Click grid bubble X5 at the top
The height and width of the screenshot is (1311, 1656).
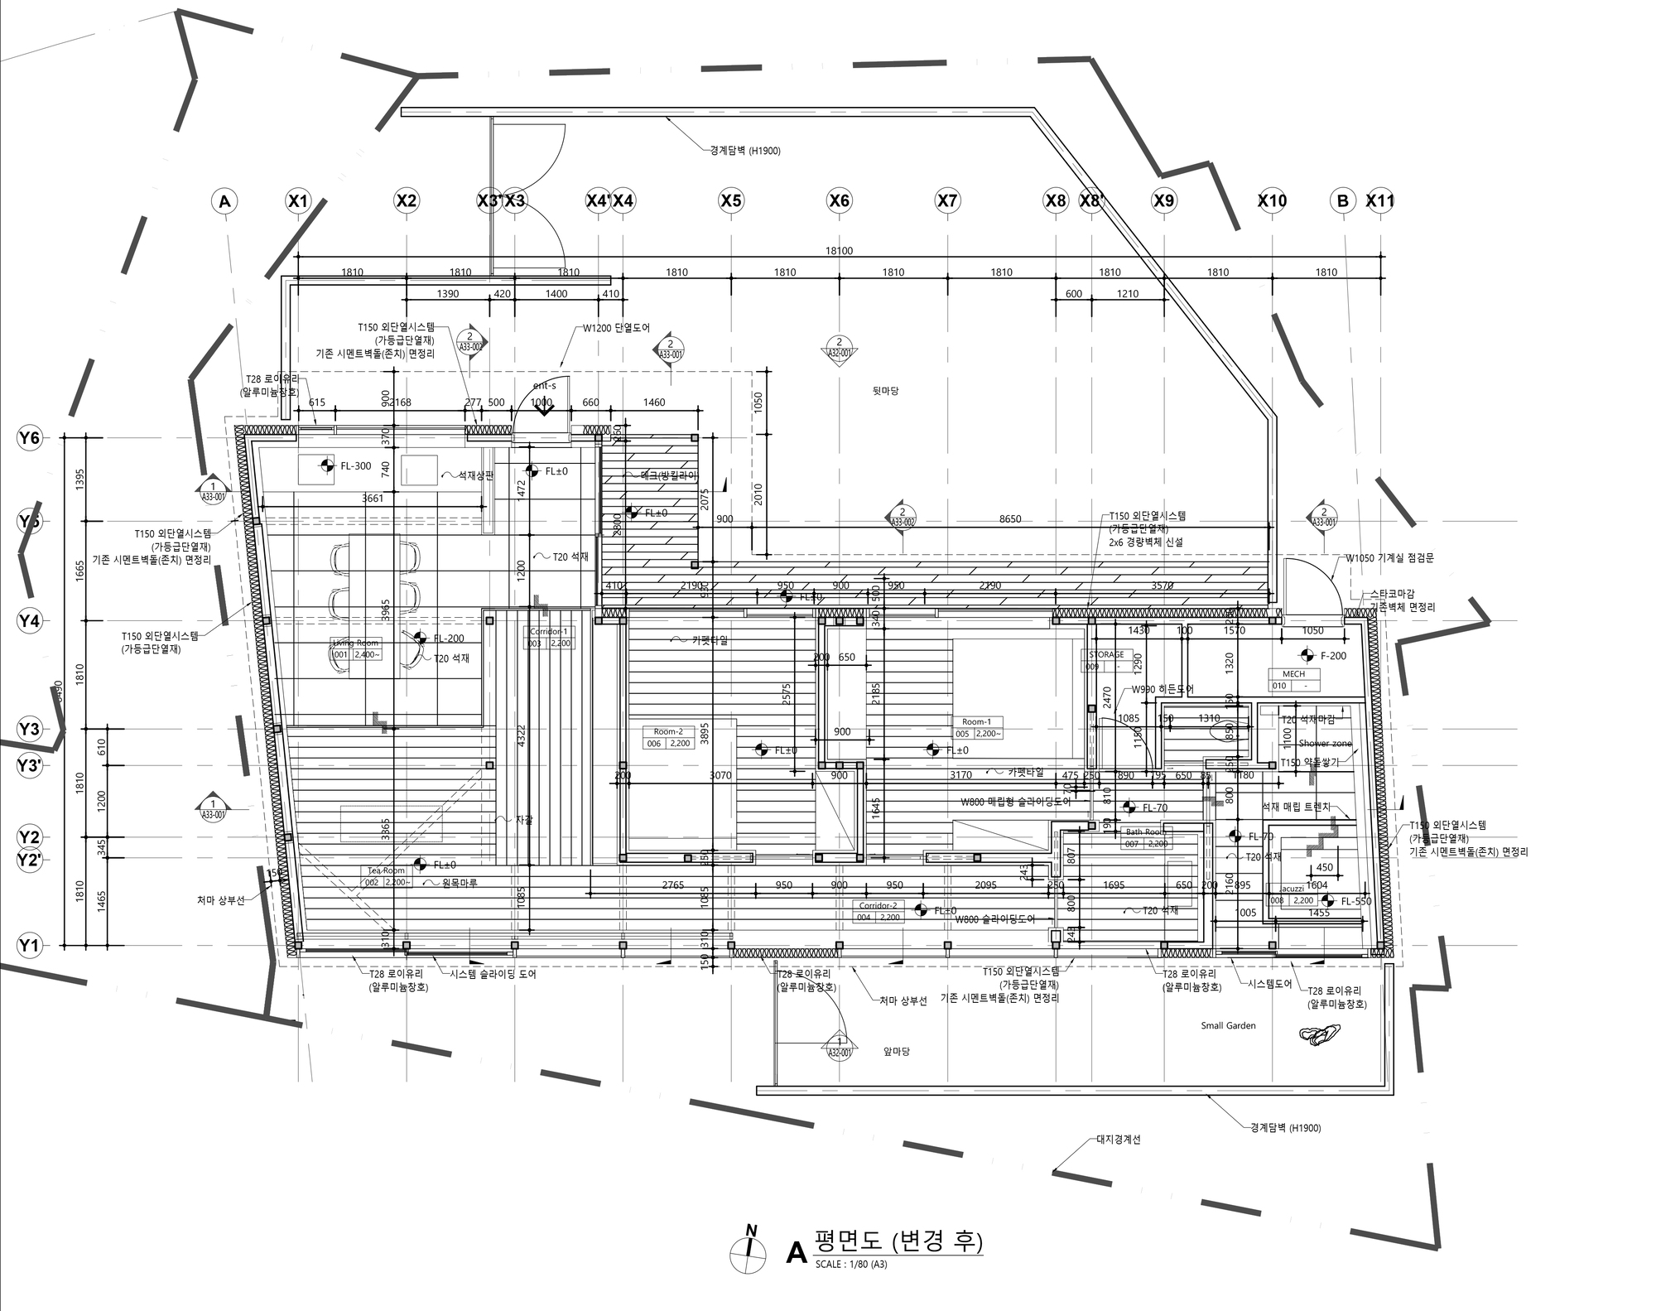731,200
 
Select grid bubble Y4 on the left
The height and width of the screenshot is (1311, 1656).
30,621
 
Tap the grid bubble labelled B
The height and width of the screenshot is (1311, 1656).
1342,200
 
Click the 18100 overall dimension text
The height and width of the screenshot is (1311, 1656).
839,251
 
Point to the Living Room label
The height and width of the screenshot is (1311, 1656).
355,643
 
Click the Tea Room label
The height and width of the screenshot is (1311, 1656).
387,870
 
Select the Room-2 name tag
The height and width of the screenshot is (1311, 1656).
668,731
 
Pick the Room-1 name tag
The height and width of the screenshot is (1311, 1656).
976,721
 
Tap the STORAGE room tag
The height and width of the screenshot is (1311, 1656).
1106,654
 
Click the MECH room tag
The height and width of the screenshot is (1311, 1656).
1293,674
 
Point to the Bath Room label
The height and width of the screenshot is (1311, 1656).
1145,832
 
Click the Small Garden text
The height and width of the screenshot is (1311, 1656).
1228,1025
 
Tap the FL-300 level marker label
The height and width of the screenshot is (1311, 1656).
356,466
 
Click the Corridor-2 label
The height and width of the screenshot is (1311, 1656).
878,906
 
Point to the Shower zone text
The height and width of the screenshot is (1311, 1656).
1325,744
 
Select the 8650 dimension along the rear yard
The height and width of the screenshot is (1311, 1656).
1010,519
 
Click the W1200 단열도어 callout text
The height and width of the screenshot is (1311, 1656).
616,328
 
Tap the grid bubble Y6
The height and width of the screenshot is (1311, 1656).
30,438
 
